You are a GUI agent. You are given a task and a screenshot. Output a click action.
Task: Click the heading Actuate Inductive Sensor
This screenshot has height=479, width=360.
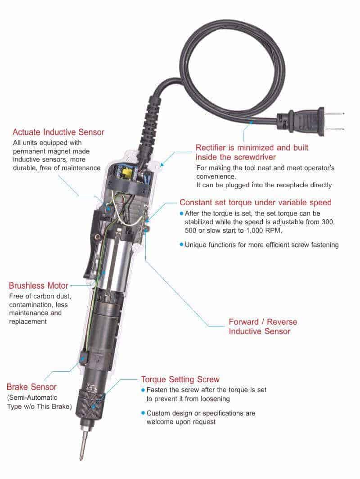point(58,132)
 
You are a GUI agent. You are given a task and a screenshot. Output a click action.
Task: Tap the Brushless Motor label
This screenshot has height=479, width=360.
point(39,285)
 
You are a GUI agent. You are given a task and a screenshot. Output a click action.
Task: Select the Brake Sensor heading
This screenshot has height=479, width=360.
point(31,387)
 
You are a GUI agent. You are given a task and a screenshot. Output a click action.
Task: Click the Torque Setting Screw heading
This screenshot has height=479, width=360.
point(180,380)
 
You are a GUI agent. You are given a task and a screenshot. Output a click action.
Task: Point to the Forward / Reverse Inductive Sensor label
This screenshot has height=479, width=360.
point(263,326)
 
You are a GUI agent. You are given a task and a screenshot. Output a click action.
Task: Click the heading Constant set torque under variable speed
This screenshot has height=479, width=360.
point(256,202)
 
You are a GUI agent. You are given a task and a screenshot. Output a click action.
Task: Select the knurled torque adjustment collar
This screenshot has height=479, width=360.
point(92,401)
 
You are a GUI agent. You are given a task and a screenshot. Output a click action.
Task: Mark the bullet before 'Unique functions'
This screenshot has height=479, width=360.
point(181,244)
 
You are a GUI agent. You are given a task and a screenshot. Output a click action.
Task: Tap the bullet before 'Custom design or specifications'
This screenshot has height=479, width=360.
point(143,413)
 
